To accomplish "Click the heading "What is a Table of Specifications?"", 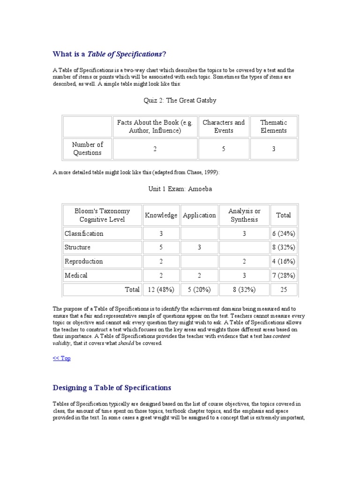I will [109, 54].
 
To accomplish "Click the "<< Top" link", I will [61, 358].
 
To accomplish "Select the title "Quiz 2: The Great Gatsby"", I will [180, 100].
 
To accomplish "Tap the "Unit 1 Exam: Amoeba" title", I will [180, 189].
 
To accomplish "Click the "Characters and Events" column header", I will [224, 127].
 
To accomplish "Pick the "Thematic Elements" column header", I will [274, 127].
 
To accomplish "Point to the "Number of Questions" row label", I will [87, 149].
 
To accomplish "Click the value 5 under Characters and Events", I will [224, 149].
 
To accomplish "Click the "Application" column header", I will [199, 215].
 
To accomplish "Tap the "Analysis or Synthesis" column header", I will [244, 215].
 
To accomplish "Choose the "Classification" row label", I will [84, 233].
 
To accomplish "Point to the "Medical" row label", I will [76, 275].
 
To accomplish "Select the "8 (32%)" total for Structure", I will [284, 247].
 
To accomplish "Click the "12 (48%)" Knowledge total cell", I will [161, 290].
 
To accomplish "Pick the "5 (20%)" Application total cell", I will [199, 290].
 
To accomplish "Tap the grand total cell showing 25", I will [284, 290].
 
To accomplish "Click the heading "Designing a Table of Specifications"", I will [112, 388].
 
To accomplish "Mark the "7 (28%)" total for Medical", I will [284, 275].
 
